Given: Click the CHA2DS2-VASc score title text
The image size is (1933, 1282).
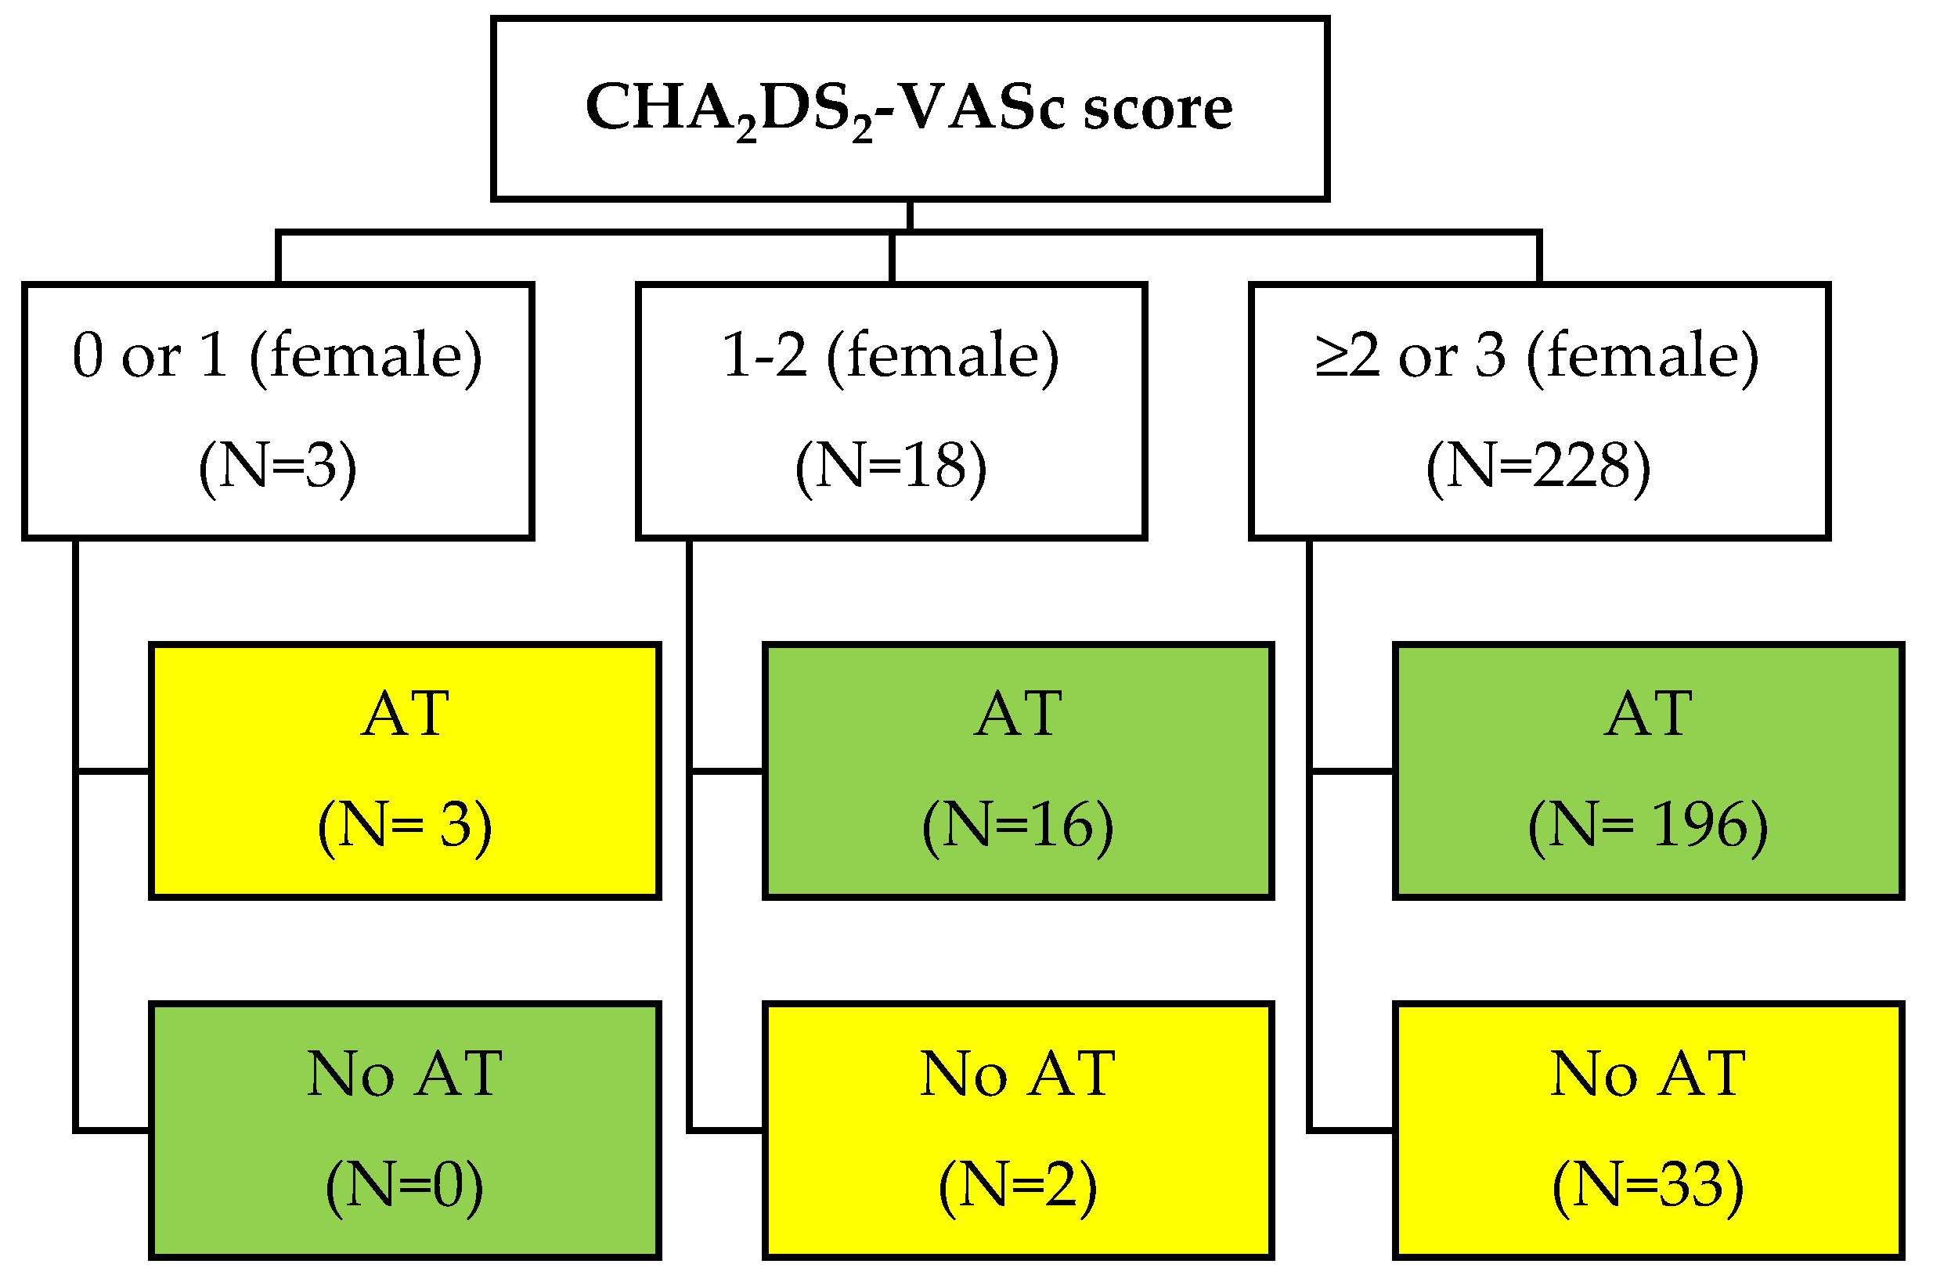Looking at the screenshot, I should click(907, 109).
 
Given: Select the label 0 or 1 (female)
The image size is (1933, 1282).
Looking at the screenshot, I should click(277, 355).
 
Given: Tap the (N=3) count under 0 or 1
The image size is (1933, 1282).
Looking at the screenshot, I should click(277, 466).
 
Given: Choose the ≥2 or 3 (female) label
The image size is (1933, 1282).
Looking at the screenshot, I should click(1538, 355).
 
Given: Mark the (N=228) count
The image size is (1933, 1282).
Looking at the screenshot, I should click(1538, 466).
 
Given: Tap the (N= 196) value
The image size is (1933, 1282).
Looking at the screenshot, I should click(1647, 826).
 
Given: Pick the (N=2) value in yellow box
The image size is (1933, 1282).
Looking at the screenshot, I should click(1017, 1186).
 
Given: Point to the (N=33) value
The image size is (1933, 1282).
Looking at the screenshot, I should click(1647, 1186).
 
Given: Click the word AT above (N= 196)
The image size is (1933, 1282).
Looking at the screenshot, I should click(1647, 714).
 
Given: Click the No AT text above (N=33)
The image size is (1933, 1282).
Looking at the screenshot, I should click(1647, 1074).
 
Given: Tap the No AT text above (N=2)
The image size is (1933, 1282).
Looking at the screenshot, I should click(1017, 1074).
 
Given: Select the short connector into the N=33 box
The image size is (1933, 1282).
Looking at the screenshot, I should click(1351, 1130).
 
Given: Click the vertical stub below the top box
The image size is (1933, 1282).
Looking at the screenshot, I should click(909, 216).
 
